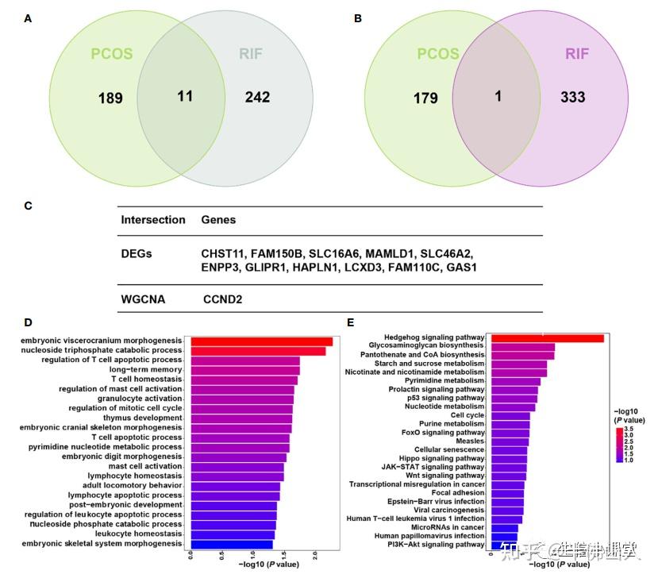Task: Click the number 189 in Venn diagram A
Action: click(x=110, y=98)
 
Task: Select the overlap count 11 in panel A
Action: click(x=185, y=96)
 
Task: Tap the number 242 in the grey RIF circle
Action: click(x=257, y=97)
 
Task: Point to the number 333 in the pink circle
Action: click(x=572, y=97)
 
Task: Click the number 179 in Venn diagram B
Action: click(x=425, y=98)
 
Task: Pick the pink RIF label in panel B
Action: click(x=578, y=54)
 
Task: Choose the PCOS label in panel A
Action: click(x=112, y=55)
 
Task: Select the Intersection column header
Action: click(x=152, y=219)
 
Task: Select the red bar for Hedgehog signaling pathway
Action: click(x=548, y=338)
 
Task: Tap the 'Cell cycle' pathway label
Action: click(x=467, y=414)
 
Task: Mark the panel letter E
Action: click(x=350, y=322)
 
